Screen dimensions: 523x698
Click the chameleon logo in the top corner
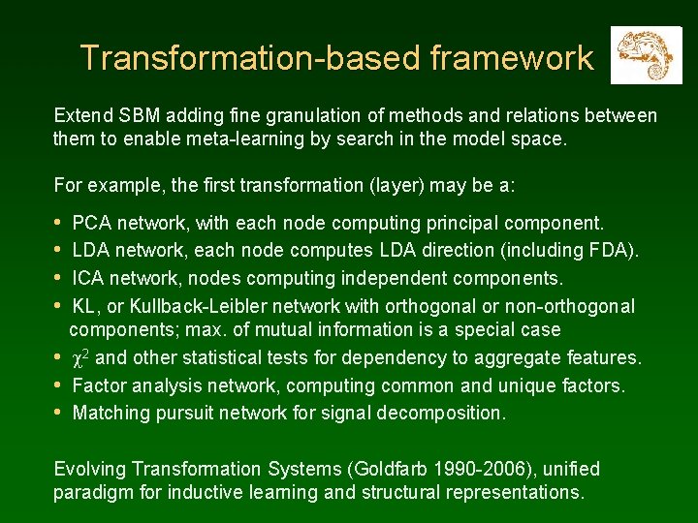click(646, 56)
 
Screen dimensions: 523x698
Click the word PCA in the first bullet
click(91, 223)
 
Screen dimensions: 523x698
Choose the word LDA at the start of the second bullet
click(91, 251)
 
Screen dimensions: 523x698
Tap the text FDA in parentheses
click(611, 251)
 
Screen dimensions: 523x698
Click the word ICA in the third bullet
click(89, 279)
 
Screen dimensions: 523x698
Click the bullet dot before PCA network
click(60, 223)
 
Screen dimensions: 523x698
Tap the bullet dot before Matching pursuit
click(60, 414)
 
